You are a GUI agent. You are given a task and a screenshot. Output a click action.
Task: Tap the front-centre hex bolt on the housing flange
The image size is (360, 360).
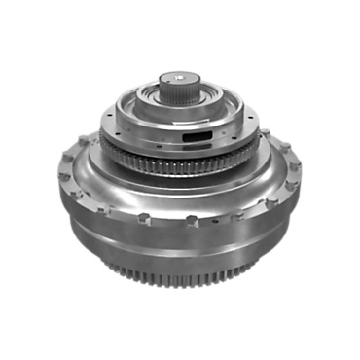182,223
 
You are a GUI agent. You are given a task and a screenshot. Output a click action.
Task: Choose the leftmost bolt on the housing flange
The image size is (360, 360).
62,179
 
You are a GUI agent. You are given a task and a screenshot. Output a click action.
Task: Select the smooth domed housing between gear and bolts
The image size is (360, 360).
180,195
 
